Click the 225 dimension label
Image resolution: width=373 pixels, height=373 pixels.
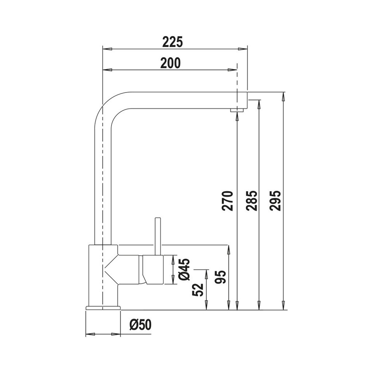coord(173,42)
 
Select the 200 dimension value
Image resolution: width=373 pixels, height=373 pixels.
coord(171,63)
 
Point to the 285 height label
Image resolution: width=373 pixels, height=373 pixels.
coord(252,201)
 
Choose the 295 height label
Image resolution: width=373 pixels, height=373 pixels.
coord(276,201)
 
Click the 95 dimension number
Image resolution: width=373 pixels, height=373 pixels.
coord(220,277)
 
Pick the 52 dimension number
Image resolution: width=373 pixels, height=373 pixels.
coord(198,290)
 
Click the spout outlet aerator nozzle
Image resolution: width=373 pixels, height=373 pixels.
coord(237,110)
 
